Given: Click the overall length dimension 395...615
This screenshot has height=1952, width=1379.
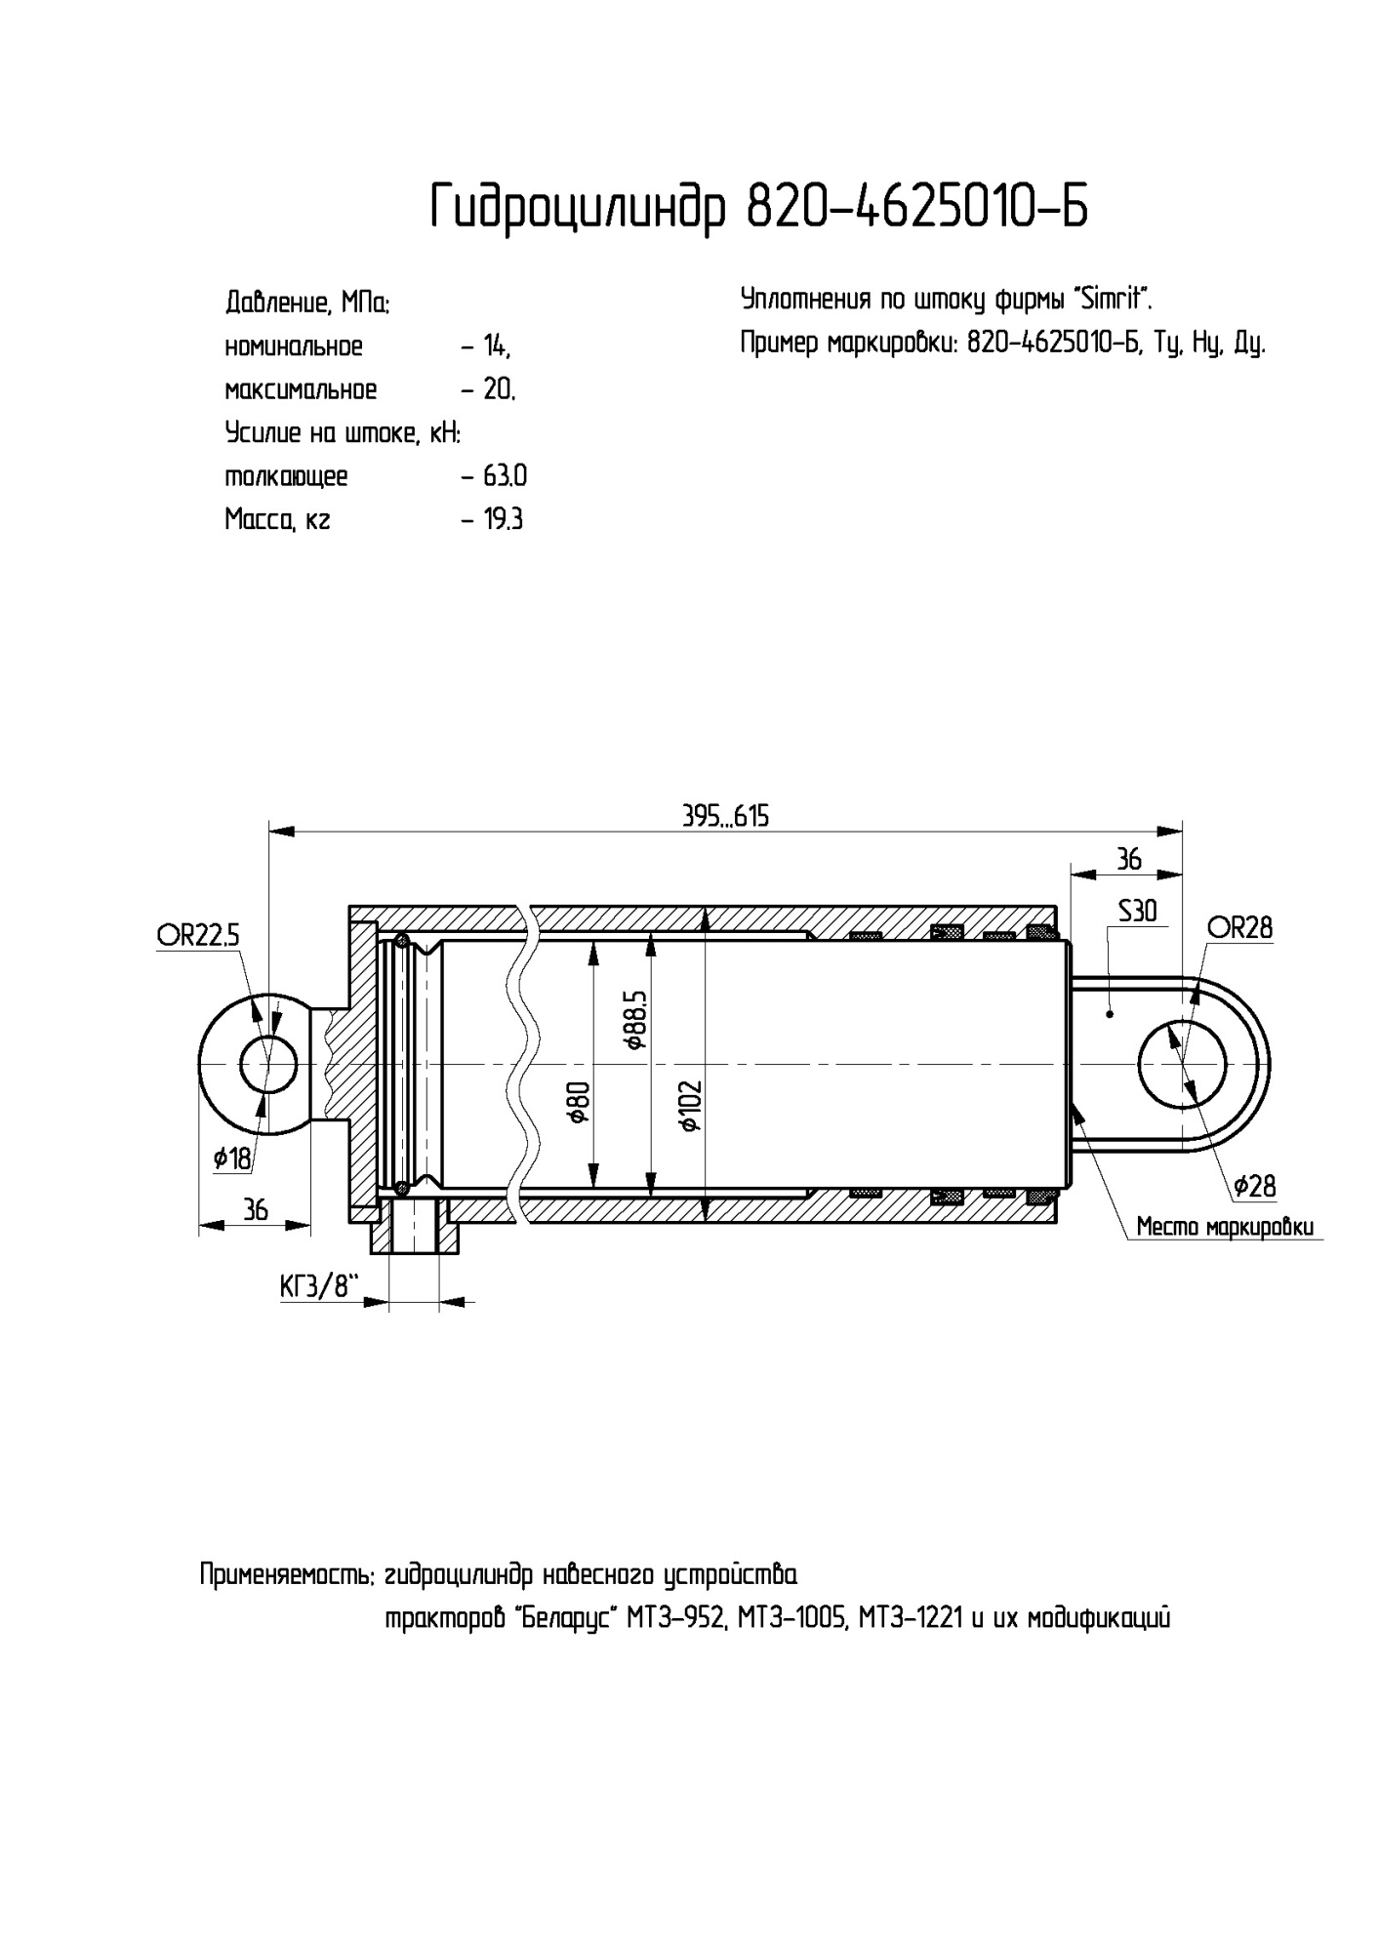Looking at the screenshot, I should [725, 816].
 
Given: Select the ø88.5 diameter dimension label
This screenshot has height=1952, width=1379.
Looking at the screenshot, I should [636, 1019].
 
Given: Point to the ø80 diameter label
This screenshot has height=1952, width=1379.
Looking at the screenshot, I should [578, 1103].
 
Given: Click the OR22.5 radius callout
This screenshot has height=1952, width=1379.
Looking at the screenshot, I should [198, 936].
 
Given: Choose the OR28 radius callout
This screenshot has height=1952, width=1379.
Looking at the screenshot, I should [1238, 927].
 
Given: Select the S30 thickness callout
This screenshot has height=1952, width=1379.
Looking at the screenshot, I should [1137, 911].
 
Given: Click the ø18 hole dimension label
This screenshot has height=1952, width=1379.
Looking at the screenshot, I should [232, 1159].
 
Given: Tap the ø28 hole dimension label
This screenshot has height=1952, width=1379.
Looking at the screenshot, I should [1254, 1186].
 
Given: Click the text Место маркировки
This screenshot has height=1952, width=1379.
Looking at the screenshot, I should [1225, 1227].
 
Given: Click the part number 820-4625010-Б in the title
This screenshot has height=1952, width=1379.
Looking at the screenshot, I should [916, 206].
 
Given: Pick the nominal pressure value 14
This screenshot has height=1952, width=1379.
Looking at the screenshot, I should [496, 346].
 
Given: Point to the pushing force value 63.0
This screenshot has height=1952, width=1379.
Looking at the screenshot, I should [506, 476].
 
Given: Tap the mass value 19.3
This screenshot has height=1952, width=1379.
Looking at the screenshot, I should [504, 519].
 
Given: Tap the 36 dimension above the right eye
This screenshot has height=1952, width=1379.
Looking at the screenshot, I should [1128, 859].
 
